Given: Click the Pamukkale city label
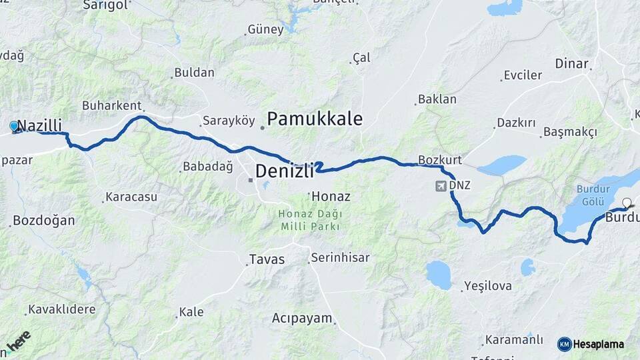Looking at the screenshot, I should pyautogui.click(x=315, y=119).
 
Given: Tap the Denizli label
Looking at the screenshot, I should pyautogui.click(x=285, y=171).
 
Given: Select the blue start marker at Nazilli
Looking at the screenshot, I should pyautogui.click(x=14, y=125).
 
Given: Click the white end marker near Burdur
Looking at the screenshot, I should pyautogui.click(x=627, y=203).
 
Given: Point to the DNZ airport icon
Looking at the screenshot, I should pyautogui.click(x=441, y=185).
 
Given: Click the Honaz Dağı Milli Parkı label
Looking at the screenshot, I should pyautogui.click(x=310, y=220).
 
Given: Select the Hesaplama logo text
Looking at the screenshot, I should pyautogui.click(x=598, y=344).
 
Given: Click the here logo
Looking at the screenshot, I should pyautogui.click(x=19, y=340).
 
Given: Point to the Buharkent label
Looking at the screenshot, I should pyautogui.click(x=111, y=105).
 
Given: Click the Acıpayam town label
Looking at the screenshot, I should pyautogui.click(x=302, y=319).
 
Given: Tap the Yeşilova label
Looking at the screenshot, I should pyautogui.click(x=489, y=287).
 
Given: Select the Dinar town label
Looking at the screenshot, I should pyautogui.click(x=571, y=64).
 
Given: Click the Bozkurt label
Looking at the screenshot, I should pyautogui.click(x=440, y=160).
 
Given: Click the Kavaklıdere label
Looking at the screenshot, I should pyautogui.click(x=62, y=310).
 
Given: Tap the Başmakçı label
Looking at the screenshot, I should pyautogui.click(x=570, y=132).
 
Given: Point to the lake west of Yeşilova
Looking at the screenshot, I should pyautogui.click(x=439, y=274).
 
